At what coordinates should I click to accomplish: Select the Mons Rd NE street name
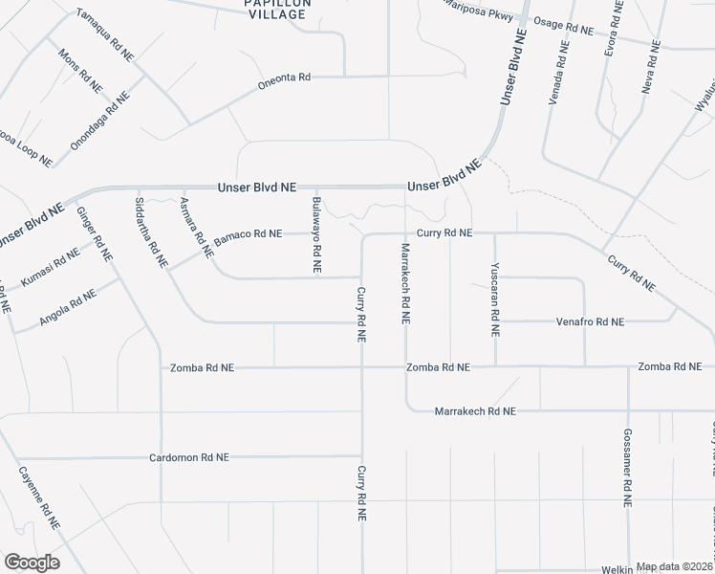tap(80, 71)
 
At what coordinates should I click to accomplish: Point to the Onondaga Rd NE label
tap(99, 121)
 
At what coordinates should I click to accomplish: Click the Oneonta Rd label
tap(285, 79)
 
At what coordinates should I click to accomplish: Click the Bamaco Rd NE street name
tap(248, 233)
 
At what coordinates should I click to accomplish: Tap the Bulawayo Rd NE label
tap(316, 234)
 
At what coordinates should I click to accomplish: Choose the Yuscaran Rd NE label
tap(494, 299)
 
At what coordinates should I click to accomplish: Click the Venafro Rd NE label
tap(590, 322)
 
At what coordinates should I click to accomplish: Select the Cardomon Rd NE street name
tap(189, 458)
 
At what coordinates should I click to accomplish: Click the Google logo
tap(31, 563)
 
